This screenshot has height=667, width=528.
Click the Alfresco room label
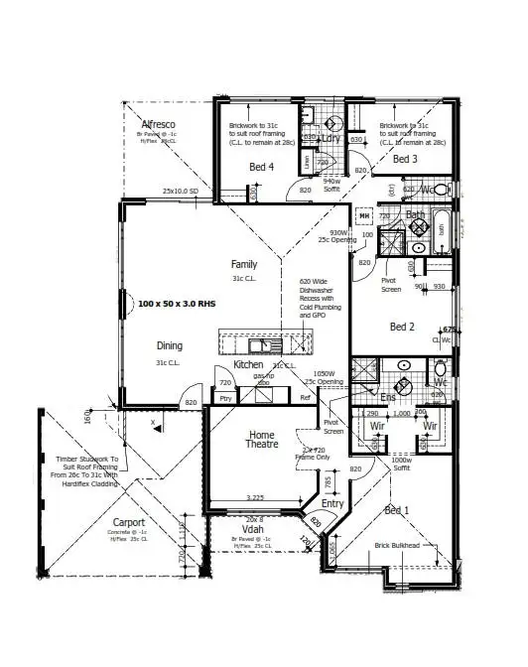(x=159, y=124)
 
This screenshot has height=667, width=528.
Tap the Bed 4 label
(x=261, y=168)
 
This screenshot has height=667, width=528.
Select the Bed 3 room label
(x=405, y=159)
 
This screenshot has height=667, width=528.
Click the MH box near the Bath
(x=364, y=215)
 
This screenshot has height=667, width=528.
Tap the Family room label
(x=244, y=265)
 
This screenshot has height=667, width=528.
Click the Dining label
(x=170, y=345)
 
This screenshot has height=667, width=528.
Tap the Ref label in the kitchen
(x=305, y=398)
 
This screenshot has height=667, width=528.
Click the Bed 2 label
(x=402, y=326)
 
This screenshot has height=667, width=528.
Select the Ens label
(x=388, y=397)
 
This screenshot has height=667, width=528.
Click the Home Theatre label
(x=263, y=439)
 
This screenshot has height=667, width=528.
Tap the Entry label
(x=331, y=504)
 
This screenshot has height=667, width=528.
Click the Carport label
(x=128, y=522)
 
